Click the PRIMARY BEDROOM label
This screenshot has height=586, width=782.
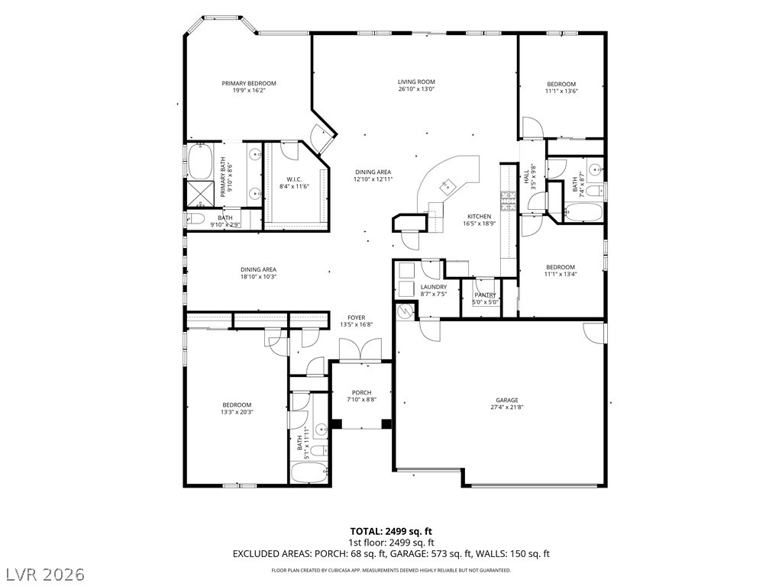tap(249, 83)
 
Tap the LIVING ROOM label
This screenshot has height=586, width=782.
tap(416, 82)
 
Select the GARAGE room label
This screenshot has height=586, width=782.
tap(507, 400)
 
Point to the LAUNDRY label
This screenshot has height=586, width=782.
tap(434, 287)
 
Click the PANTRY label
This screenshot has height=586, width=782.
tap(485, 295)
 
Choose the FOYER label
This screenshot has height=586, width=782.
tap(356, 317)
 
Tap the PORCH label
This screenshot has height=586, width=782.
tap(361, 393)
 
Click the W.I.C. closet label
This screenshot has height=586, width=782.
tap(294, 179)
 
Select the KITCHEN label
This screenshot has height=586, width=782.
tap(480, 217)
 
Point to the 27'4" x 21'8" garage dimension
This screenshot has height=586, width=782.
tap(507, 407)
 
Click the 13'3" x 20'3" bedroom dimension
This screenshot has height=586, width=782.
tap(237, 412)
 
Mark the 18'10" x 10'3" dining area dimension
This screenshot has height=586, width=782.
tap(258, 276)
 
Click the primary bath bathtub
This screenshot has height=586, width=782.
tap(200, 162)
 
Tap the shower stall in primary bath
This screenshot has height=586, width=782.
tap(200, 194)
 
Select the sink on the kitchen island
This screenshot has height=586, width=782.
tap(447, 186)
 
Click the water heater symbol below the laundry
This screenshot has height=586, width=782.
tap(406, 311)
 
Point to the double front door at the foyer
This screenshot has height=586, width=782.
tap(360, 349)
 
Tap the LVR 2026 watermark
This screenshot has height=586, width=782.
tap(43, 575)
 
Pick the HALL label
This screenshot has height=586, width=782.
tap(526, 177)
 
